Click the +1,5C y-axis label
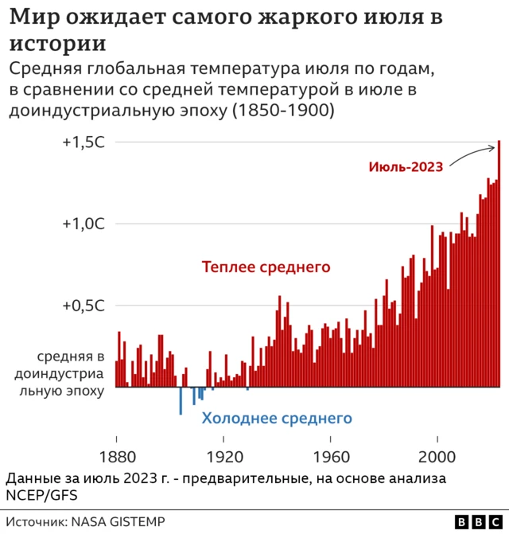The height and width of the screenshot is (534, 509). pos(84,142)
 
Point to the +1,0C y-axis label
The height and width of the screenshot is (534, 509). pos(84,224)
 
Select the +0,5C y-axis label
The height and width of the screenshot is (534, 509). pos(84,306)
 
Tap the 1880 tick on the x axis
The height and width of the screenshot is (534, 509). pos(116,459)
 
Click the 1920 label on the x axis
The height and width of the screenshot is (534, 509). pos(223,459)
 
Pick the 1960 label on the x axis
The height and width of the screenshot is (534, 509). pos(331,459)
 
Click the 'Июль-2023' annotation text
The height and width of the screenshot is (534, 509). pos(406,166)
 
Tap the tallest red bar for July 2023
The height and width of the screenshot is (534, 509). pos(499,263)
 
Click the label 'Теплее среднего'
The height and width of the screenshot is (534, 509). pos(266,267)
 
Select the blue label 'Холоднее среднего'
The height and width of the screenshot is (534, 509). pos(276,418)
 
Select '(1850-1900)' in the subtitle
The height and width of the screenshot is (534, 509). pos(282,111)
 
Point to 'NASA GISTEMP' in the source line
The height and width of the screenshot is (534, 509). pos(119,522)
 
